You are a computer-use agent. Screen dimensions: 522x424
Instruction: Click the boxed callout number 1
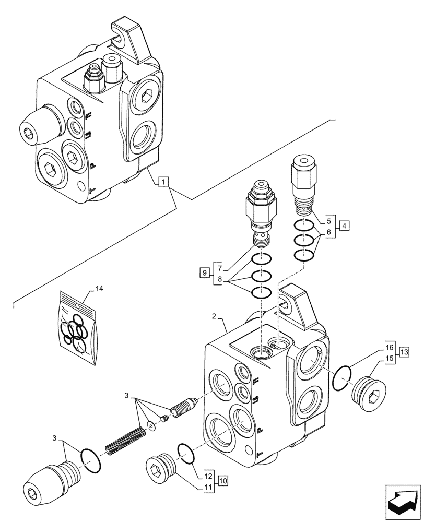(163, 182)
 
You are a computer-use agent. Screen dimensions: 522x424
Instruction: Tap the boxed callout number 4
(344, 227)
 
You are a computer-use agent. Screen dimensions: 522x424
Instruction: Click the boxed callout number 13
(403, 352)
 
